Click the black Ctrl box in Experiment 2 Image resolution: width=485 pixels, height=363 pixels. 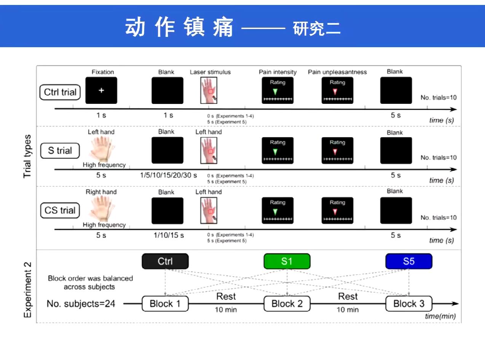165,261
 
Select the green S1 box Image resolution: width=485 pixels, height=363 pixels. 287,261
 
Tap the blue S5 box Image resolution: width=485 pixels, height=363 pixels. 408,261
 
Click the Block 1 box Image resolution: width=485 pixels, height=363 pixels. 165,304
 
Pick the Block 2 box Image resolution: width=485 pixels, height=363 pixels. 287,304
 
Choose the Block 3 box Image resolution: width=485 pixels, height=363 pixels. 408,304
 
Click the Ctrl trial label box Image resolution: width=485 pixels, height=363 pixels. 60,92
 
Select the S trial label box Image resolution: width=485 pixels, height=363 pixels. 60,151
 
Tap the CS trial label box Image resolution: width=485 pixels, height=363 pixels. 60,210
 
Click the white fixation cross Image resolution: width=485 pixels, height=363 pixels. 101,90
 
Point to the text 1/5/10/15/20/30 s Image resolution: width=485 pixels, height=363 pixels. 168,175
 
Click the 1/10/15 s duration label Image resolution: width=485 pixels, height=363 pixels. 169,235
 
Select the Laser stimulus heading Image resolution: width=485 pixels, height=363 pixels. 210,72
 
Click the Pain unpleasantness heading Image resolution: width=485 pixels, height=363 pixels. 337,72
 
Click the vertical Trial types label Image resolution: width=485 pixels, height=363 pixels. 27,156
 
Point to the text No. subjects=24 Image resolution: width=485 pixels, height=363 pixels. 81,304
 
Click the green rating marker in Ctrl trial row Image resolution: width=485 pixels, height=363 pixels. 275,92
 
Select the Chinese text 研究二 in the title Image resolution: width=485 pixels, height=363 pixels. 317,29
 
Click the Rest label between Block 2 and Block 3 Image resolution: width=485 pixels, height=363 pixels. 348,296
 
